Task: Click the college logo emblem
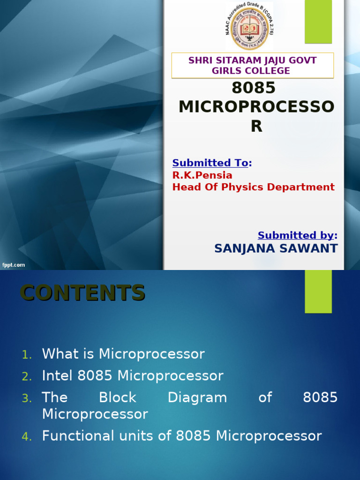(x=249, y=27)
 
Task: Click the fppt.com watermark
(x=13, y=265)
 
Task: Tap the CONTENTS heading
(x=82, y=293)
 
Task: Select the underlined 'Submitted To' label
(x=210, y=163)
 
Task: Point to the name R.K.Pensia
(x=202, y=175)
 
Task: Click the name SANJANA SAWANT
(x=276, y=248)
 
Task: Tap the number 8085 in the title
(x=254, y=88)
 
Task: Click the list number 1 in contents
(x=27, y=355)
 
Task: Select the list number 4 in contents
(x=27, y=437)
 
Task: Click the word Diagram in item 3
(x=197, y=397)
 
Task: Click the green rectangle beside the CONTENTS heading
(x=318, y=291)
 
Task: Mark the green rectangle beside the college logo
(x=318, y=22)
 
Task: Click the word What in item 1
(x=58, y=354)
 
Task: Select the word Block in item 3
(x=117, y=397)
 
